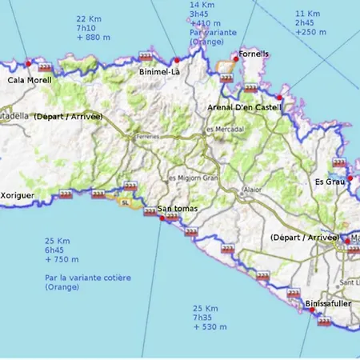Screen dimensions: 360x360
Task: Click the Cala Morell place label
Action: [30, 80]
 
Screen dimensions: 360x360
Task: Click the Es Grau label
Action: [330, 182]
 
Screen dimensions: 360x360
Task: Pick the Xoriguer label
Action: [17, 194]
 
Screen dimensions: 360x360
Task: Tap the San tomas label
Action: [178, 209]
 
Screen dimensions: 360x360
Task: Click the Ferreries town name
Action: [147, 136]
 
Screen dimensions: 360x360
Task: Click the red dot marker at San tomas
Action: [163, 216]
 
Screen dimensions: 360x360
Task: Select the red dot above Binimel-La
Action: [176, 60]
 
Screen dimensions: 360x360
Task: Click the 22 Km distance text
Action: [88, 18]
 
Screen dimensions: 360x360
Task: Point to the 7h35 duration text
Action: [205, 317]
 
